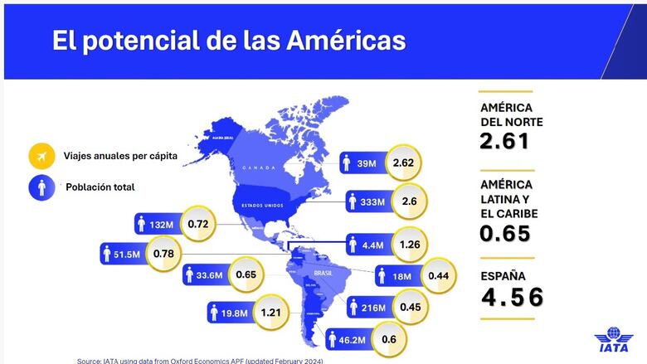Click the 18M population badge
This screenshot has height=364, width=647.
click(x=394, y=274)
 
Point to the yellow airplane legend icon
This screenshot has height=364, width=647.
click(x=41, y=156)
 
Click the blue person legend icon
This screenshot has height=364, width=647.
click(x=41, y=187)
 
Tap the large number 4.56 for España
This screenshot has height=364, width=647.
click(x=513, y=296)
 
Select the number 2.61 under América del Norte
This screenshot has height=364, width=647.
click(x=504, y=141)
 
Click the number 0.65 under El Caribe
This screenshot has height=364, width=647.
click(x=504, y=233)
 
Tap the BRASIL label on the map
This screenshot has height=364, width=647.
click(x=322, y=272)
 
